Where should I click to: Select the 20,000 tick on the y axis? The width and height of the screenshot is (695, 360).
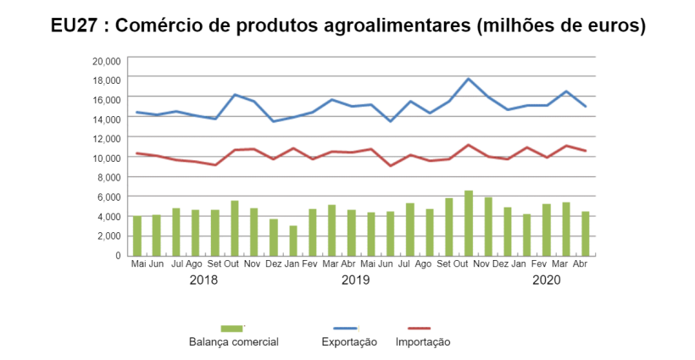click(108, 59)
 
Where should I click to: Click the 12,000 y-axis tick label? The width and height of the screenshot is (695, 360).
click(108, 137)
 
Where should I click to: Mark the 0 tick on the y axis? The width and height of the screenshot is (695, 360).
click(120, 255)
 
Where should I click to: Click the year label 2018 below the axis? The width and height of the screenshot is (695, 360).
click(203, 280)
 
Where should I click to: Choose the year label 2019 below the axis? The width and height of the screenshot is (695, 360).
click(355, 280)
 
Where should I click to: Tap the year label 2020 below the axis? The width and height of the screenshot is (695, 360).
click(547, 280)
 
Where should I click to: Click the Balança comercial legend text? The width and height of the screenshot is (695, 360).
click(234, 342)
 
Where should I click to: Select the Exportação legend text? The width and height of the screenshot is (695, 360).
click(349, 342)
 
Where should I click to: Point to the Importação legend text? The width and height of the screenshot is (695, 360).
click(423, 342)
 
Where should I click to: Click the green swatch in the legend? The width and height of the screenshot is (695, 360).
click(231, 328)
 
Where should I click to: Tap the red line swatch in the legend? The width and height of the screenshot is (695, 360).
click(413, 328)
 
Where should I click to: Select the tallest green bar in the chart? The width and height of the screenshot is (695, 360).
click(469, 223)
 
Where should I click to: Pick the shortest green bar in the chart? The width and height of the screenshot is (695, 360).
click(293, 241)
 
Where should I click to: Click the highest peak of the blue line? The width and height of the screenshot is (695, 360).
click(469, 79)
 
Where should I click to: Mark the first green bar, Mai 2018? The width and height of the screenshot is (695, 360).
click(137, 235)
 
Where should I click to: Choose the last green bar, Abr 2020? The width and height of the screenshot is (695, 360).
click(586, 233)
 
